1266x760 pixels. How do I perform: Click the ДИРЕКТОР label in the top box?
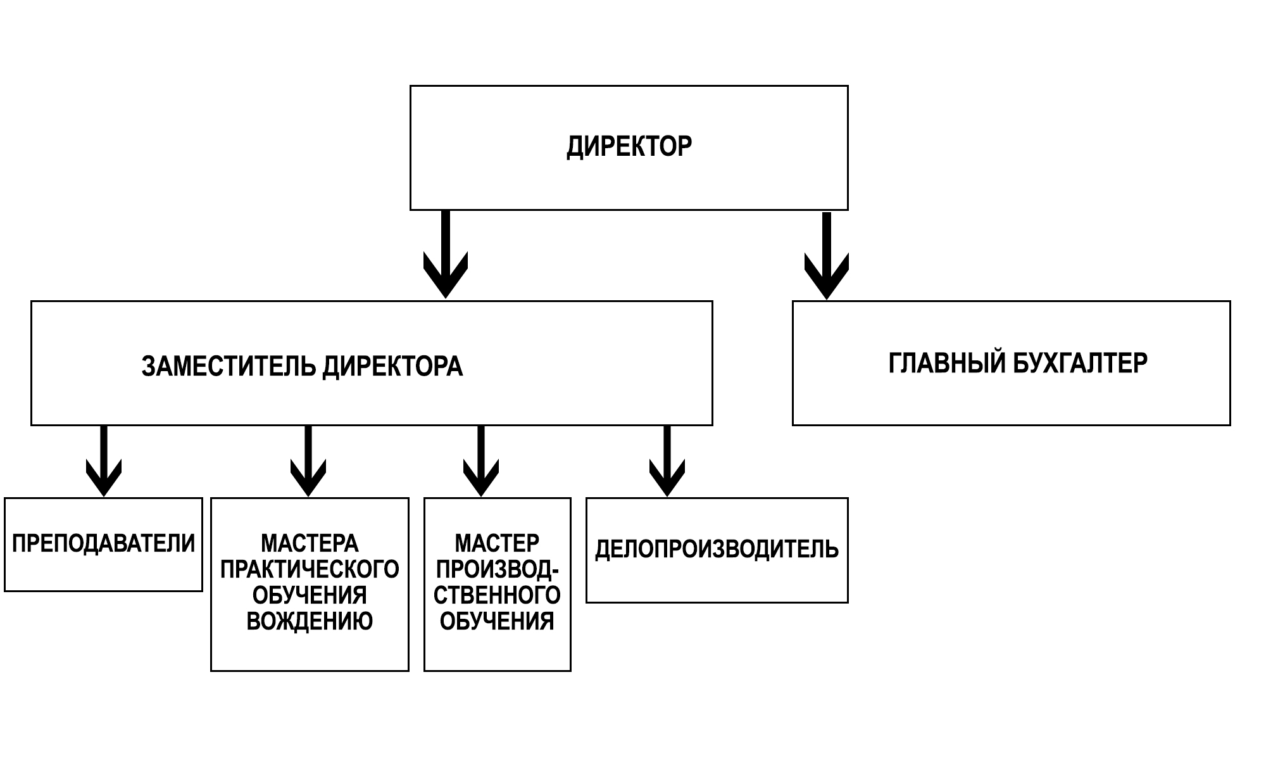click(x=629, y=147)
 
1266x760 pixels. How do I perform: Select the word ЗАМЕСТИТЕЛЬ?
click(x=229, y=367)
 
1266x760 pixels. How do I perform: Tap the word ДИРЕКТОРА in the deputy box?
click(x=392, y=367)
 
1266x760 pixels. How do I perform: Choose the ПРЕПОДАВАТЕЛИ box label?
click(x=104, y=543)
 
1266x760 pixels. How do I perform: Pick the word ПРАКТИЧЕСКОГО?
click(x=310, y=569)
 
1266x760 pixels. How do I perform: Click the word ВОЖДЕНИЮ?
click(x=310, y=621)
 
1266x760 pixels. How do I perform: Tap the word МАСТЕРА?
click(x=310, y=543)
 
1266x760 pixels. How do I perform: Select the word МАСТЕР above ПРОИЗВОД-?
click(x=497, y=543)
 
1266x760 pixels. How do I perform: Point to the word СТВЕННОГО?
click(x=497, y=595)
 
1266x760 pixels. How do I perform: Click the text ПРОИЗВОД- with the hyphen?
click(x=497, y=569)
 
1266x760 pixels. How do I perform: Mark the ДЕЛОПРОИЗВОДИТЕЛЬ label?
click(x=717, y=549)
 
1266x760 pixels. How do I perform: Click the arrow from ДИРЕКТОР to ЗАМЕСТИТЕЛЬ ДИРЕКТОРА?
click(x=446, y=254)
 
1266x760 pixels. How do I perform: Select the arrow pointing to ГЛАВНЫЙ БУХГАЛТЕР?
click(x=826, y=256)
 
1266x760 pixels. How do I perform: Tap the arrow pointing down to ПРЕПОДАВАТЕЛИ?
click(x=104, y=461)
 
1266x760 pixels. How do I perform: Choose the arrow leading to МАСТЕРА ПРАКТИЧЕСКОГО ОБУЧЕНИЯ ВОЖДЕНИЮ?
click(x=308, y=461)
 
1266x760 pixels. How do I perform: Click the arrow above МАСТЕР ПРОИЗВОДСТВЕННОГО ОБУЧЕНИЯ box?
click(x=481, y=461)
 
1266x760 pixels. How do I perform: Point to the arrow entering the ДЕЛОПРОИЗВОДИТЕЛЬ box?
click(x=667, y=461)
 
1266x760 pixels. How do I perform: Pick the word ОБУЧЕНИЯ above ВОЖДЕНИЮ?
click(x=310, y=595)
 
